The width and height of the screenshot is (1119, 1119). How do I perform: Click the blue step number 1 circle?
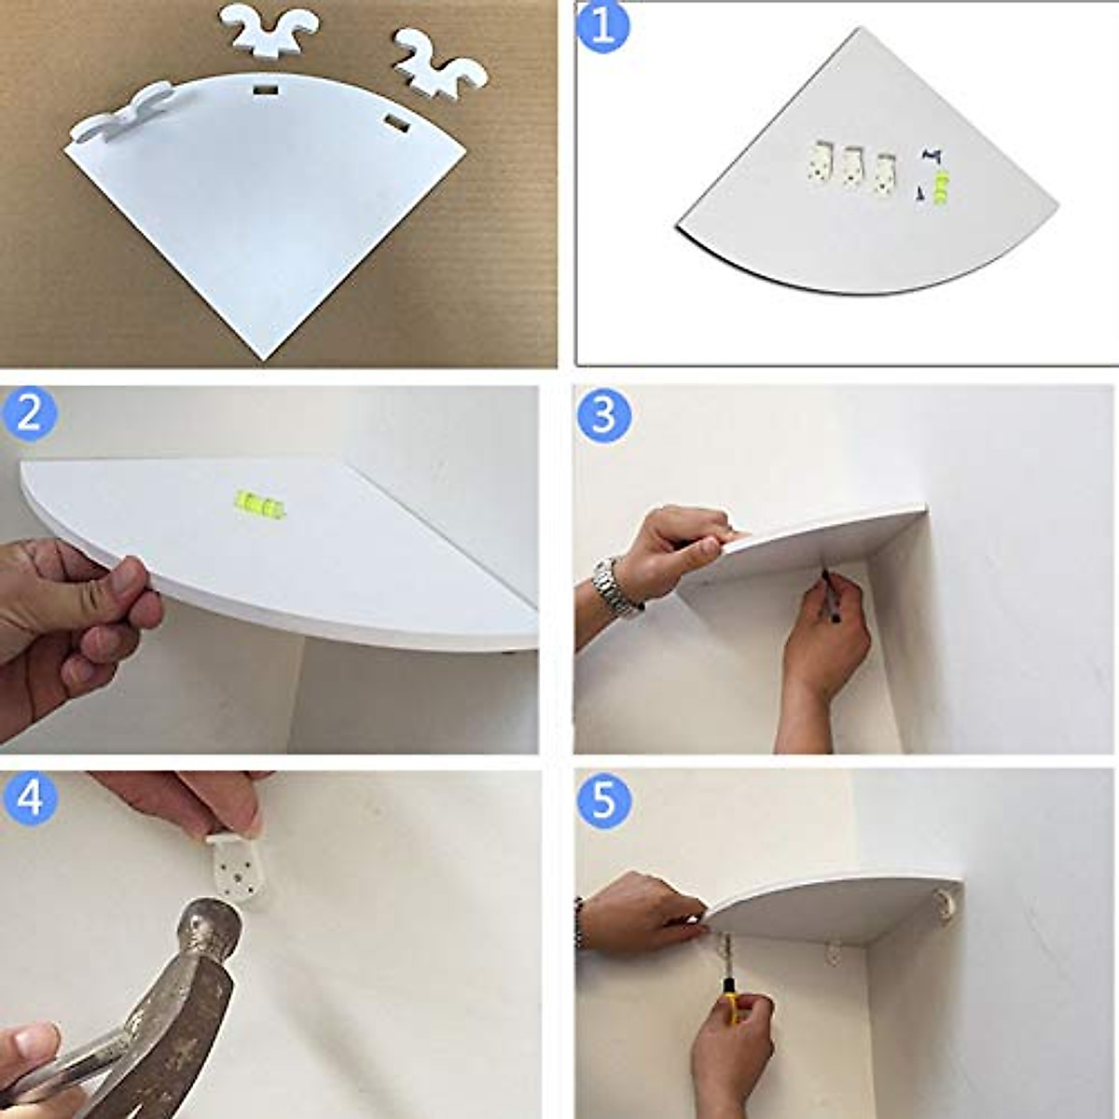(x=602, y=27)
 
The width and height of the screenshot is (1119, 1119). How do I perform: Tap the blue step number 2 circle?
(x=29, y=415)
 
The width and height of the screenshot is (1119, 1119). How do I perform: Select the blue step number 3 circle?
(x=603, y=415)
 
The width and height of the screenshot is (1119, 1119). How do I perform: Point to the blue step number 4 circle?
(x=29, y=798)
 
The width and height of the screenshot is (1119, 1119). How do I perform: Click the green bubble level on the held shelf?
(x=259, y=504)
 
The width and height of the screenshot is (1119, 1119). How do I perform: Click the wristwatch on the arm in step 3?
(x=614, y=586)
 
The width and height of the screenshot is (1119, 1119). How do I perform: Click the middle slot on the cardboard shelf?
(x=266, y=91)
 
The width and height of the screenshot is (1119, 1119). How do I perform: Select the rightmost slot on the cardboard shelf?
(x=396, y=123)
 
